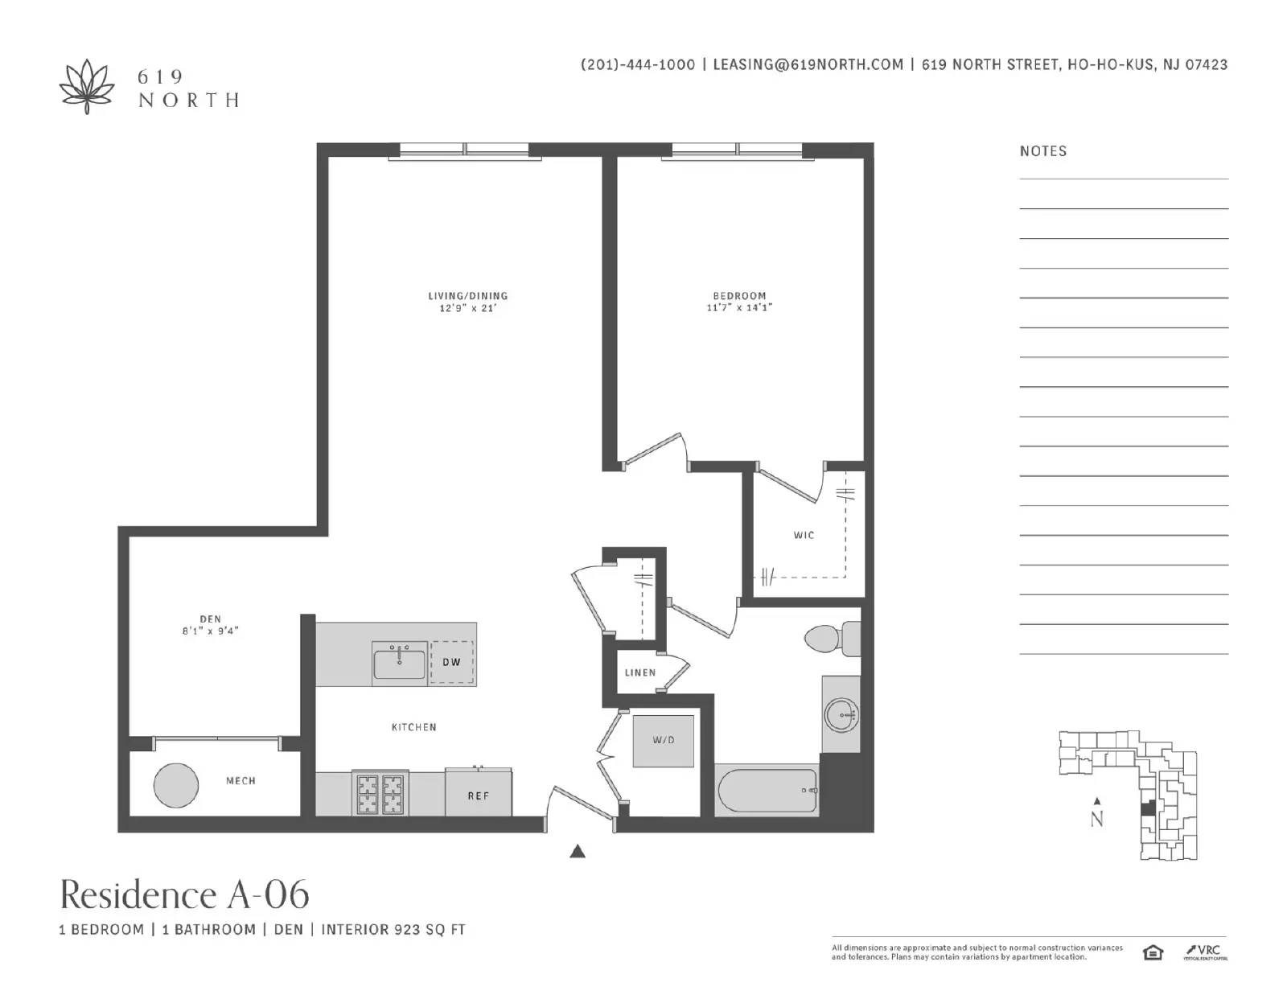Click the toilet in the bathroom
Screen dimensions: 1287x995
pos(833,639)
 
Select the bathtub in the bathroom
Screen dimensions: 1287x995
pos(767,790)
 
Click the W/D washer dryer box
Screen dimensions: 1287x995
pos(664,741)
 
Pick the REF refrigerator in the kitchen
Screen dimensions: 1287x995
pos(479,791)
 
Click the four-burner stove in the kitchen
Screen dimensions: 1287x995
pos(380,793)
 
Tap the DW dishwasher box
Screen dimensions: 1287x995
pos(451,662)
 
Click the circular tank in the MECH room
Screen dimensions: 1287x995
pos(176,785)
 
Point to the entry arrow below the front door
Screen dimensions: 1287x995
pos(578,852)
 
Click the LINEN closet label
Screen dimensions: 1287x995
pos(640,672)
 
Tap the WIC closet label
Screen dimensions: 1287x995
pos(804,536)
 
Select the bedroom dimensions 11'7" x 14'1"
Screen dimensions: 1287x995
pos(739,307)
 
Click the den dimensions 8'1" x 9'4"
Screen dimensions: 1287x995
pos(210,631)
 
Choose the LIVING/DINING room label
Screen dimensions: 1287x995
pos(468,295)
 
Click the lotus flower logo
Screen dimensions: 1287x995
pos(87,87)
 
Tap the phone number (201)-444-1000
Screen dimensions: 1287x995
pos(638,64)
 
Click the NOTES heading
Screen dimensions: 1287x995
pos(1043,151)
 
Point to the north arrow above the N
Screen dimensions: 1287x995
pos(1097,801)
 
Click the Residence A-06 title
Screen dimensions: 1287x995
pos(185,895)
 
